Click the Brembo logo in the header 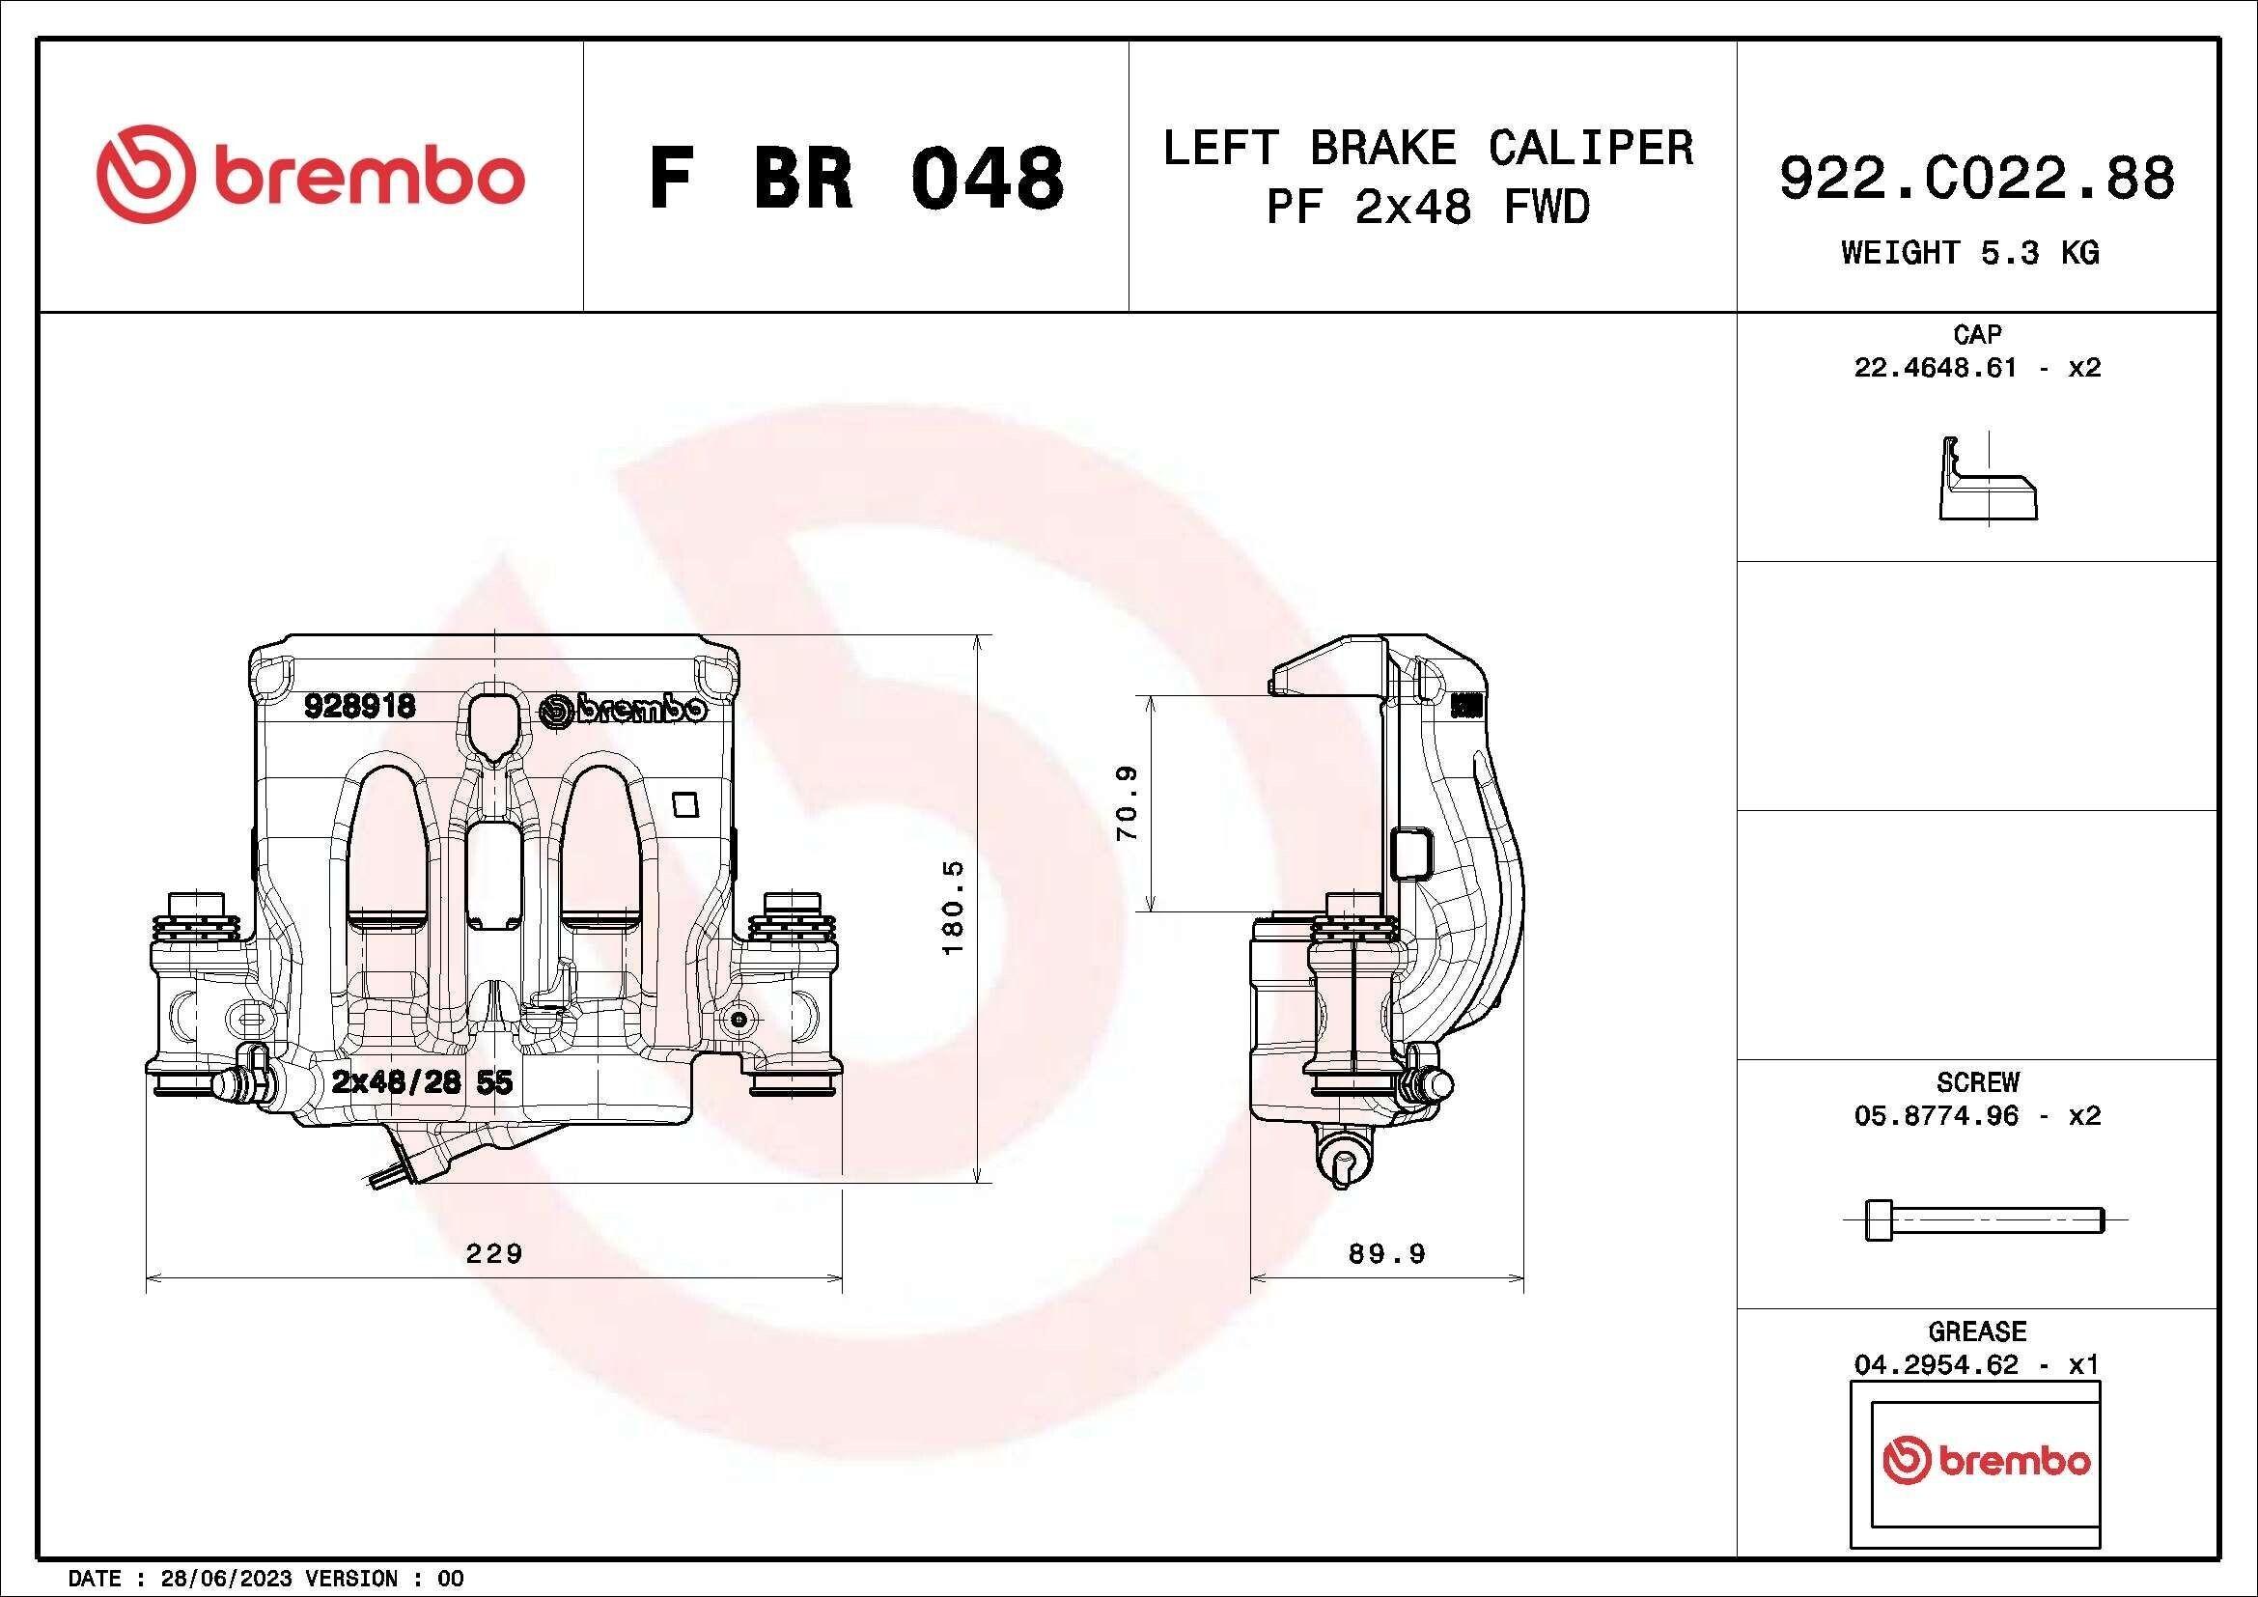coord(311,173)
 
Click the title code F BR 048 coord(856,178)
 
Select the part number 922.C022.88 coord(1977,178)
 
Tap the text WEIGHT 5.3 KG coord(1970,253)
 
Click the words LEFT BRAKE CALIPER coord(1429,148)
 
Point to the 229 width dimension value coord(493,1253)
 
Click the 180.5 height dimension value coord(954,907)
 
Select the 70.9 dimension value coord(1127,802)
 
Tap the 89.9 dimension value coord(1386,1253)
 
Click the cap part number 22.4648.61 coord(1935,368)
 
